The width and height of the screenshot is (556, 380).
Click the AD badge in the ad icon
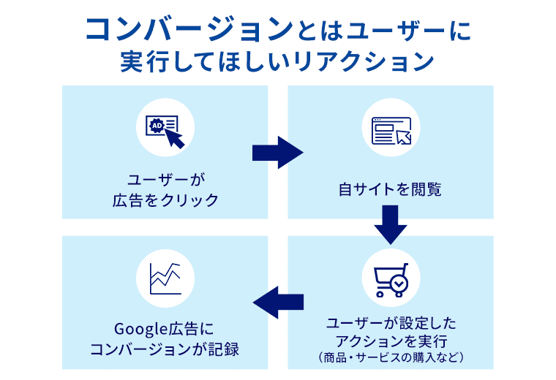(156, 126)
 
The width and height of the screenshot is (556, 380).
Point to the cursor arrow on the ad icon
(174, 137)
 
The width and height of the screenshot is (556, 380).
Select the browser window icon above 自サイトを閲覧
(391, 131)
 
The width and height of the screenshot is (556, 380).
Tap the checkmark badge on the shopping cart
(399, 282)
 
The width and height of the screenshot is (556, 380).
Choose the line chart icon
(165, 277)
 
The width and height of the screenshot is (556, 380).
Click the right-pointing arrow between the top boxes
(277, 152)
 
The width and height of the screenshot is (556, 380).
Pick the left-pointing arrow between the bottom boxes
(278, 300)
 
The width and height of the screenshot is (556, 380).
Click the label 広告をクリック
(165, 199)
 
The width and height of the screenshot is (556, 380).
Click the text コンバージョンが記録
(165, 349)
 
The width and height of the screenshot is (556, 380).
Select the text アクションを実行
(391, 340)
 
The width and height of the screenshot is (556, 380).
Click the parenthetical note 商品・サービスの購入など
(391, 357)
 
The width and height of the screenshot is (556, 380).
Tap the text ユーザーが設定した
(391, 322)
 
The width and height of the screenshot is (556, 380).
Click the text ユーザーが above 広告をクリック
(165, 180)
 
